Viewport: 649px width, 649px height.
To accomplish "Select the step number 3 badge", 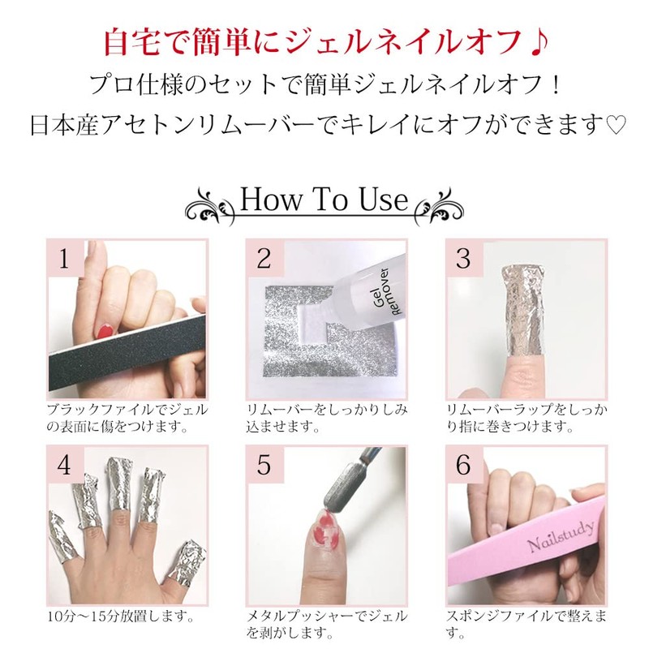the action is click(464, 260).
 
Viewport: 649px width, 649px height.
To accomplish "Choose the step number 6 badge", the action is click(464, 465).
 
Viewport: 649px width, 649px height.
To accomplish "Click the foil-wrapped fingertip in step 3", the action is click(522, 311).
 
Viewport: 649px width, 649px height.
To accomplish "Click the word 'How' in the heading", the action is click(271, 200).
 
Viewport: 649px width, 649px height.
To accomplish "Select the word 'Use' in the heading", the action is click(384, 200).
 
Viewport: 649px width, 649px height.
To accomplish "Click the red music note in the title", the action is click(537, 42).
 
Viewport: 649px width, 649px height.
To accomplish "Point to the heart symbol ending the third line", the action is click(616, 125).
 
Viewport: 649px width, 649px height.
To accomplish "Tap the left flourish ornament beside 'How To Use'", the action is click(211, 206).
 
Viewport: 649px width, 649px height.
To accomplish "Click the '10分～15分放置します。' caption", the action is click(121, 617).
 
